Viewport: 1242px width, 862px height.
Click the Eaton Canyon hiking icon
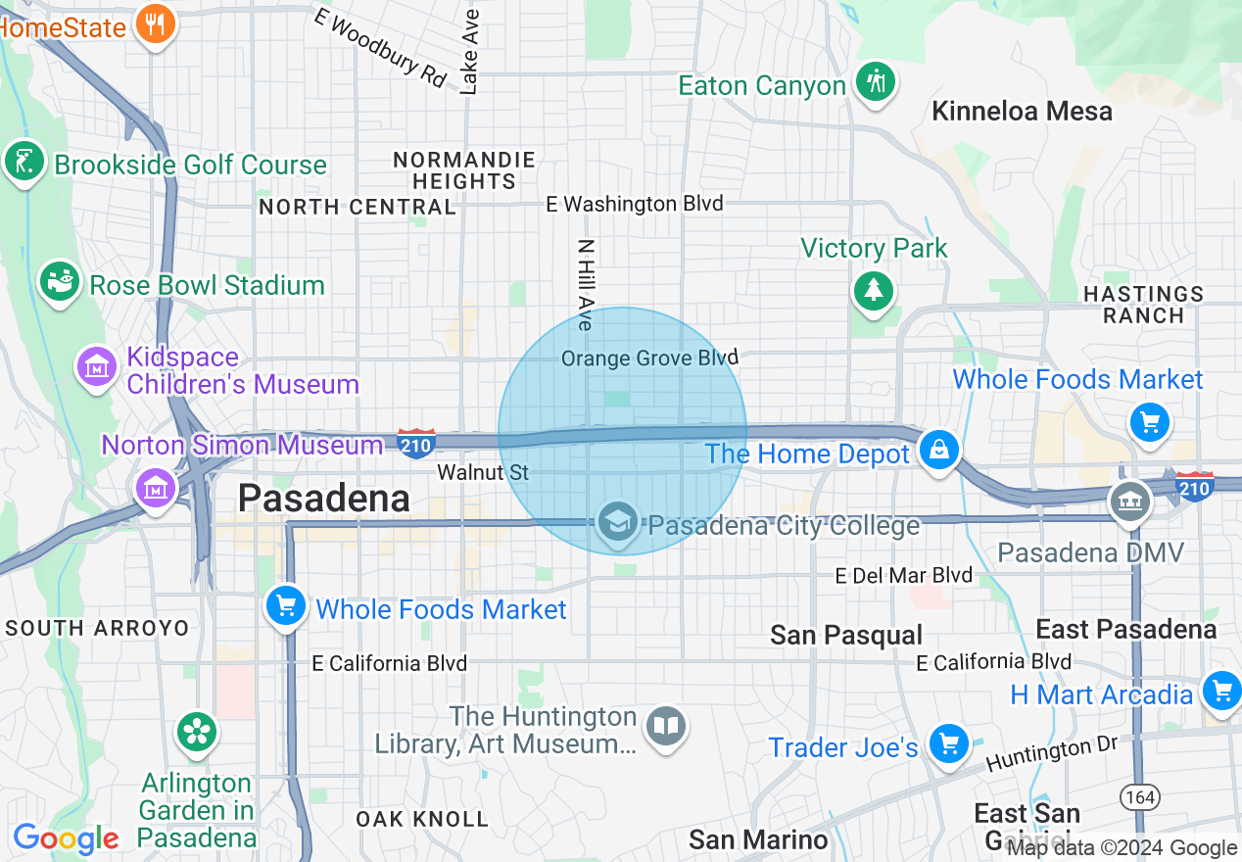click(875, 82)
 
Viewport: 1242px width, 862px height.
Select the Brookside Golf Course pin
click(24, 162)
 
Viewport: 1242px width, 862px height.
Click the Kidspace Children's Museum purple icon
click(97, 368)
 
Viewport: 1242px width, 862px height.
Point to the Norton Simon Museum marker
click(156, 486)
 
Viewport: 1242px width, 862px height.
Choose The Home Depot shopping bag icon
click(938, 451)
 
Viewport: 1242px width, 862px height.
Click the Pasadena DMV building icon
click(1129, 502)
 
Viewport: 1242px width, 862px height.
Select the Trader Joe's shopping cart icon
click(947, 743)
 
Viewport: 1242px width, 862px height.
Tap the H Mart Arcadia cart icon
click(1220, 692)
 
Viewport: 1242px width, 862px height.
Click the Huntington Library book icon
click(666, 727)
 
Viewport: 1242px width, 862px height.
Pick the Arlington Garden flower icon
click(197, 732)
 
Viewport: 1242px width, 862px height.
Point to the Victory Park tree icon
click(873, 290)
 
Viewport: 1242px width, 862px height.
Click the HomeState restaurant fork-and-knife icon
click(154, 23)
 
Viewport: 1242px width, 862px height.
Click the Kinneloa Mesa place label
click(1022, 111)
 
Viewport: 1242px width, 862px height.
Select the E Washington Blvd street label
click(635, 204)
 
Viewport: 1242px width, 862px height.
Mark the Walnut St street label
click(483, 472)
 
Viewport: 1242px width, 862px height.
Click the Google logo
click(66, 838)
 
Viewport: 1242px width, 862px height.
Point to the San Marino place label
click(758, 839)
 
